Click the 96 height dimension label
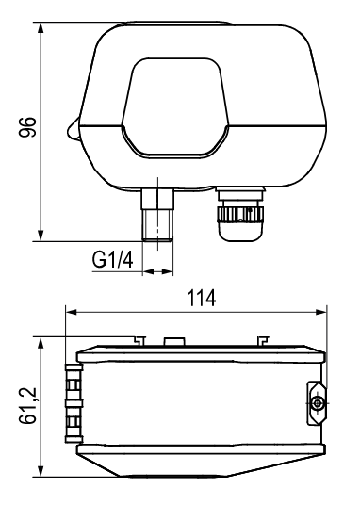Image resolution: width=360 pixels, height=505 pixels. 27,127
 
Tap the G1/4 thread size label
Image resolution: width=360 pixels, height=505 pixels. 112,260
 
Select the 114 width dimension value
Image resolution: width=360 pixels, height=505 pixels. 202,299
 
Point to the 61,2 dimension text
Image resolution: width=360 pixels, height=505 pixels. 27,405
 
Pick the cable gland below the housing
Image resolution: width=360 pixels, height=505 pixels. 240,214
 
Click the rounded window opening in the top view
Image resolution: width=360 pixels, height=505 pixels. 175,108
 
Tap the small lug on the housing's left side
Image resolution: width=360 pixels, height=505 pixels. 74,130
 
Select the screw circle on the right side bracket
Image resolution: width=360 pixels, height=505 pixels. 318,402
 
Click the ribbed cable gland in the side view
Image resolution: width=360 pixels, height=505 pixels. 74,403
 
